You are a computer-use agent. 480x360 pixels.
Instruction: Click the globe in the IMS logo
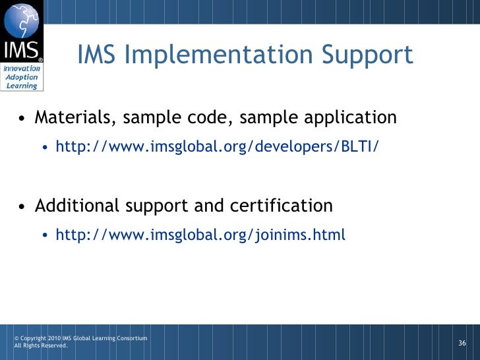point(22,20)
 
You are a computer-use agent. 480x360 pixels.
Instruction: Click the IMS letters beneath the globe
point(22,51)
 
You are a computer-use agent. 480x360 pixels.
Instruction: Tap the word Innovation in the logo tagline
point(22,69)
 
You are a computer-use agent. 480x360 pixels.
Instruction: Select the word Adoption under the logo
point(22,77)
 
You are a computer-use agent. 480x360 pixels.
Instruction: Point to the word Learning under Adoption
point(22,86)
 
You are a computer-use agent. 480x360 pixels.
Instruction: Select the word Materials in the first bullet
point(73,118)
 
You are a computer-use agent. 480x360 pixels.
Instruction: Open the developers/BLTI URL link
point(218,146)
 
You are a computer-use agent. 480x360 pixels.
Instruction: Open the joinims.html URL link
point(200,235)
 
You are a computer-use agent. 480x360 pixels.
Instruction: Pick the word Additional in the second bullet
point(77,206)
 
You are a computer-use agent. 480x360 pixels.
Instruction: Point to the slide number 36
point(462,343)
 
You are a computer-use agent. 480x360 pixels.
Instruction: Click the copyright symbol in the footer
point(17,339)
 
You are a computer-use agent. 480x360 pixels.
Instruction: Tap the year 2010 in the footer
point(53,339)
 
